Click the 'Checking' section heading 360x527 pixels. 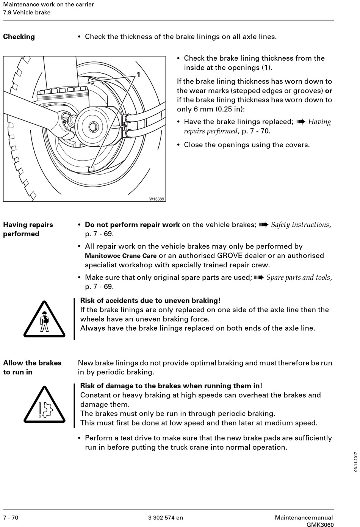(19, 37)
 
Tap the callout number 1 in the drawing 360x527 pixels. (139, 75)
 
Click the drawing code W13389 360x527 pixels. (157, 199)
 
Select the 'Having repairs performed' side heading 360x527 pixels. (28, 229)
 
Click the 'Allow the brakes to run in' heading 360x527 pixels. (32, 367)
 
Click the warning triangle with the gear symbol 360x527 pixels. (45, 404)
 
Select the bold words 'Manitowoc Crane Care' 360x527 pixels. (121, 256)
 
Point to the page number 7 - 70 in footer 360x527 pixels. (11, 518)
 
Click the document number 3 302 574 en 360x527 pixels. (166, 518)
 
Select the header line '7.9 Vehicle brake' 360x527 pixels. (27, 13)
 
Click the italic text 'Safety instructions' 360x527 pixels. (300, 225)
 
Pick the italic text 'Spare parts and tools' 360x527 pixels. (298, 278)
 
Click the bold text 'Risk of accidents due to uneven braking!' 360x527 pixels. (150, 301)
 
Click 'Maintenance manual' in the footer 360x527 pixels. (304, 518)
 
